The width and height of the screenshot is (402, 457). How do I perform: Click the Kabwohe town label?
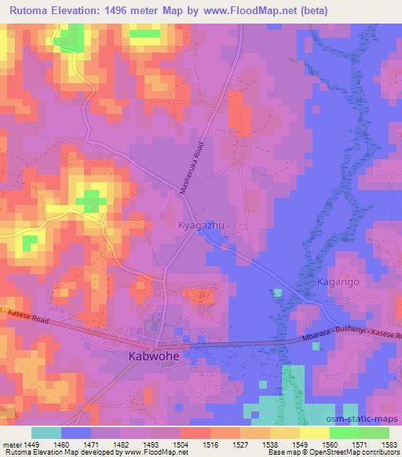click(153, 356)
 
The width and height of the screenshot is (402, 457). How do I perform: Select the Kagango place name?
click(338, 280)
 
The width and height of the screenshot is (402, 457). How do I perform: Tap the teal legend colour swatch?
click(46, 433)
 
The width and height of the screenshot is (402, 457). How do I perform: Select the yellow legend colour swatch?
click(314, 433)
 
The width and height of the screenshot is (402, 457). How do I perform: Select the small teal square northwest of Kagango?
click(278, 293)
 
